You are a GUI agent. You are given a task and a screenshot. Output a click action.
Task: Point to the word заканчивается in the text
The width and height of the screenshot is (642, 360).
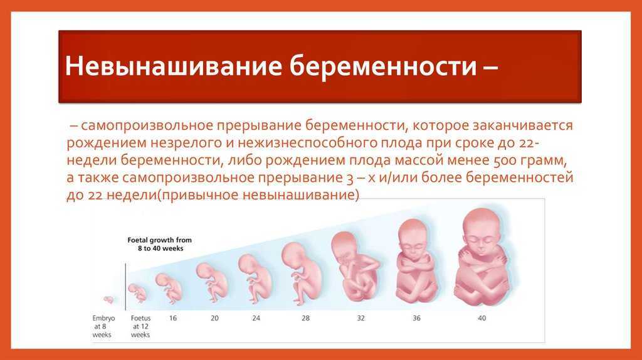[522, 125]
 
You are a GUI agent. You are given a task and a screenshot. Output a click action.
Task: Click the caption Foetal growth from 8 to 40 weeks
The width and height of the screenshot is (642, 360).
[160, 244]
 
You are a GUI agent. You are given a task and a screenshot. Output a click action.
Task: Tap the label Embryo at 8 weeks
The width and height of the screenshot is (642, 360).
[102, 326]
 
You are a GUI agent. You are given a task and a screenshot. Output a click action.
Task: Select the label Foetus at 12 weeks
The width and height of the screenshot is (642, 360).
[140, 326]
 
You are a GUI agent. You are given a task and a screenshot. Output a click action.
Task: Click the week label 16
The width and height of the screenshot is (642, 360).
[173, 318]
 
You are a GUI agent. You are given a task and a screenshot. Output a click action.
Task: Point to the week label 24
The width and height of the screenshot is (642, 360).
[256, 318]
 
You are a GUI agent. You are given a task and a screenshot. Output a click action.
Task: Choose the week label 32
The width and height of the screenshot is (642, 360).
[360, 318]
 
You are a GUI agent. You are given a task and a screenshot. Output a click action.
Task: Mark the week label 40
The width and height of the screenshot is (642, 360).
[482, 318]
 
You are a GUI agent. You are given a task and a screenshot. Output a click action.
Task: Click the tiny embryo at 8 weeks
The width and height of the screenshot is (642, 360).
[108, 300]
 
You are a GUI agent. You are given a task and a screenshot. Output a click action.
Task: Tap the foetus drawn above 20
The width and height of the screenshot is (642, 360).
[212, 283]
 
